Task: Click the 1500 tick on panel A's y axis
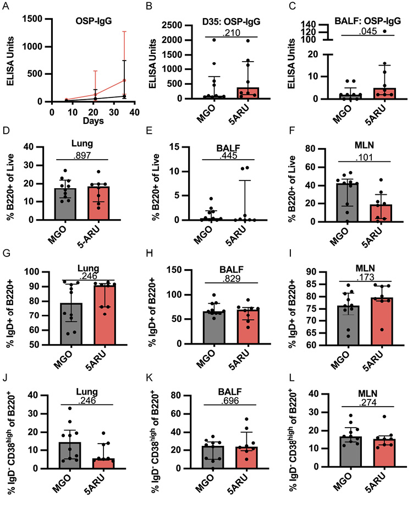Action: click(x=37, y=19)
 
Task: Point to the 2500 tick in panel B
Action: click(x=173, y=25)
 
